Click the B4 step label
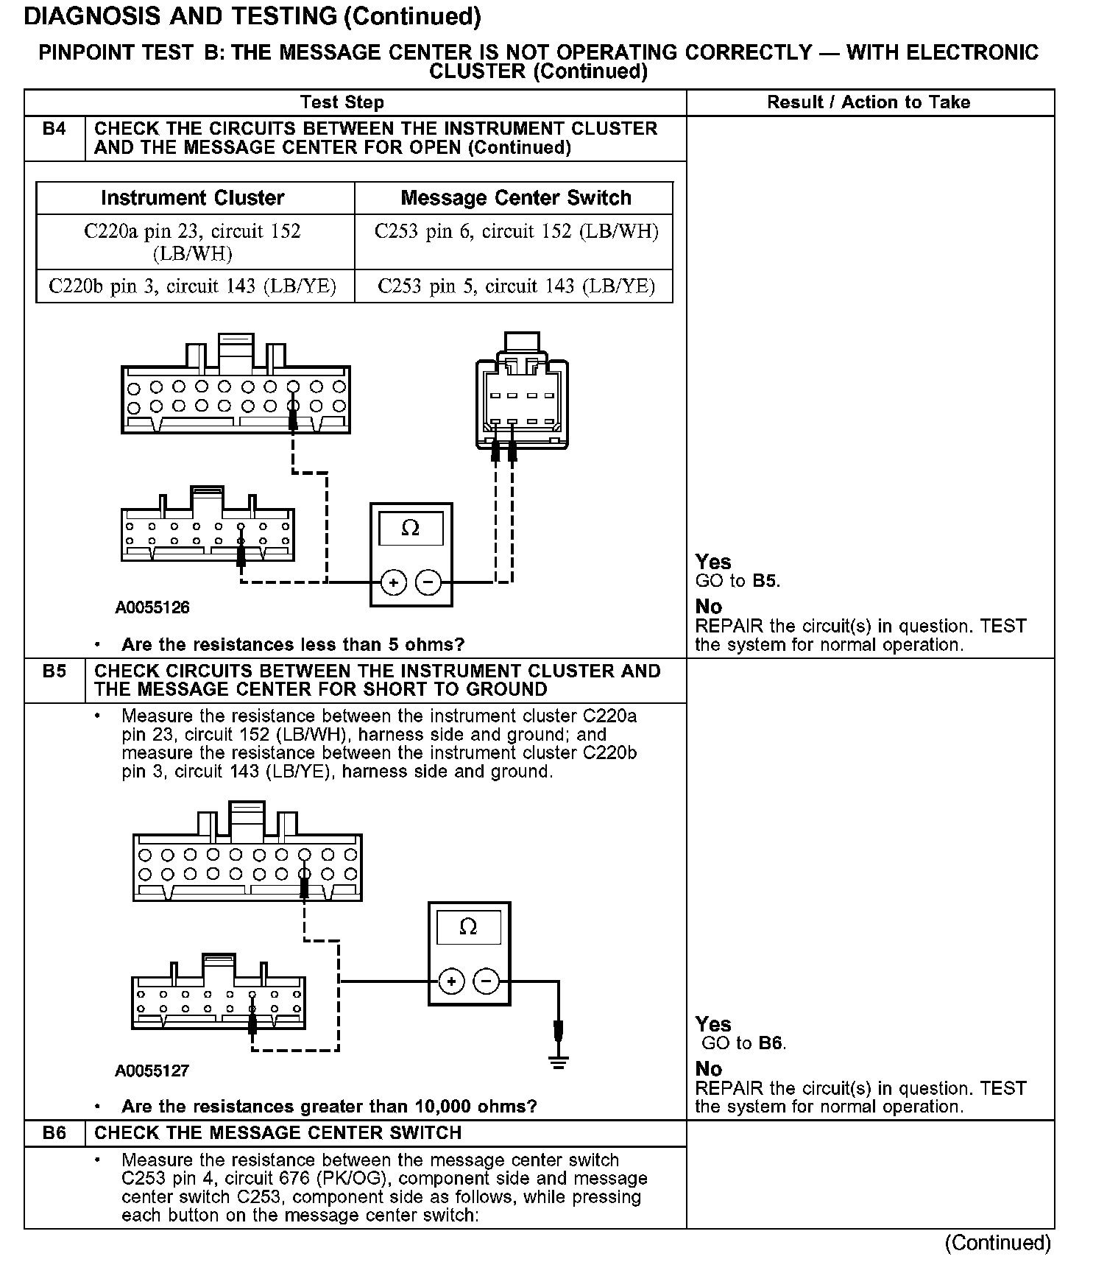pos(54,129)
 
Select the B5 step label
pos(54,671)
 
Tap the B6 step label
pos(54,1133)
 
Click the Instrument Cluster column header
pos(193,198)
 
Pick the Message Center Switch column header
pos(516,198)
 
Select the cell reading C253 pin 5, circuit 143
pos(516,286)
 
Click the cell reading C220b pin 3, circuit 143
pos(193,286)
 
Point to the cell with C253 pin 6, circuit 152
pos(516,232)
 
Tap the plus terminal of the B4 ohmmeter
pos(394,583)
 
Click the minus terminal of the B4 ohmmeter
pos(428,583)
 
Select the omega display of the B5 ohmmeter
pos(468,927)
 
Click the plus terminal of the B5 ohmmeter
pos(451,981)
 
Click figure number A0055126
pos(152,608)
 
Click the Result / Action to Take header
pos(869,102)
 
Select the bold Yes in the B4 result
pos(713,563)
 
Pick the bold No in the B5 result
pos(709,1069)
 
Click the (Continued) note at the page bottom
pos(997,1243)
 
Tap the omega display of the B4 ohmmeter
pos(411,529)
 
